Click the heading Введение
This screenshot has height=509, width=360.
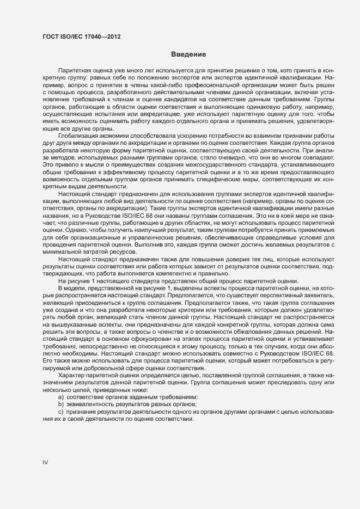coord(188,54)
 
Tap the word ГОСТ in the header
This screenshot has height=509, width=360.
coord(51,36)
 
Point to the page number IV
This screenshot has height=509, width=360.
coord(46,462)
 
